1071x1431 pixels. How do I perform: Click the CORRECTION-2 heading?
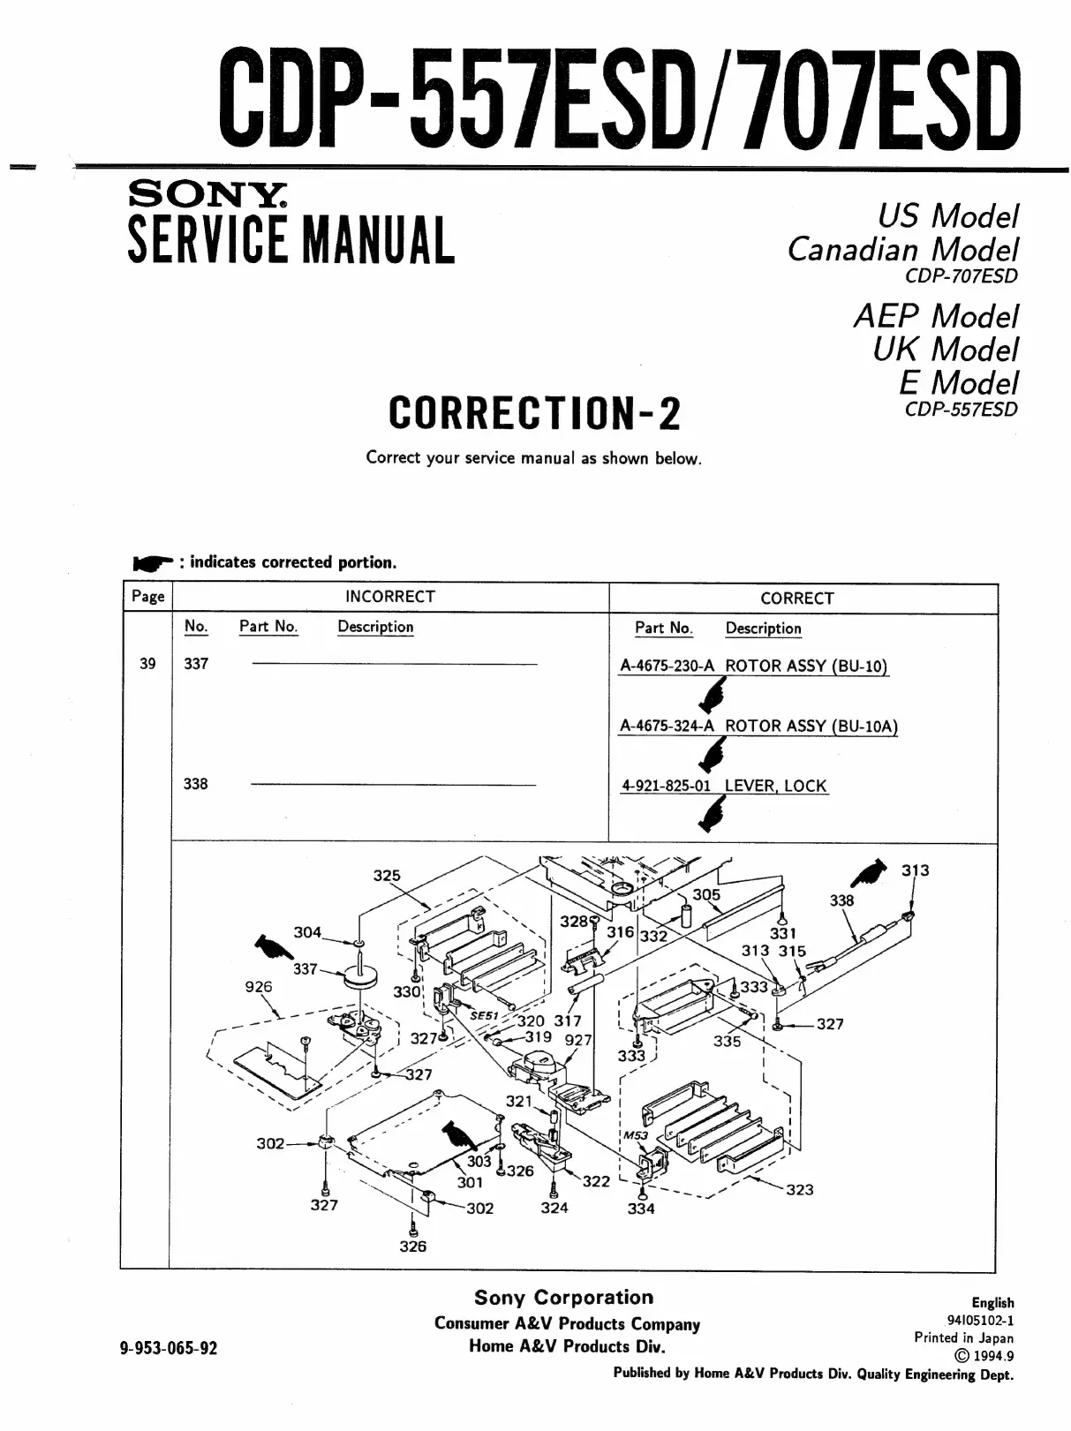coord(534,412)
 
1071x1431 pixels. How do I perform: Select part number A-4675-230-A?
coord(667,667)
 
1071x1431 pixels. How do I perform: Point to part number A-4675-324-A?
coord(667,727)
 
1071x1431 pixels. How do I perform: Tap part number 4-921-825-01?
coord(667,786)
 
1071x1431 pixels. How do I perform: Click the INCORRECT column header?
coord(389,597)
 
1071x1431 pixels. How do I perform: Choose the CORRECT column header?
coord(796,599)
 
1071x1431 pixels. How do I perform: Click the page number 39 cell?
coord(147,664)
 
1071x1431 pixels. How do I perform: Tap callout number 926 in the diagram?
coord(259,987)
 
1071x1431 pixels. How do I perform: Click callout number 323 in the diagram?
coord(799,1189)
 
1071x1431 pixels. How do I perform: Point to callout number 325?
coord(387,876)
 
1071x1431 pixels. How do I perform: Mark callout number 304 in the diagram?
coord(307,932)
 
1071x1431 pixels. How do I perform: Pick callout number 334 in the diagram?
coord(641,1208)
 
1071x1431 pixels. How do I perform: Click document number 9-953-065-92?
coord(168,1348)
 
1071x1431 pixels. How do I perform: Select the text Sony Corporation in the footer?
coord(563,1298)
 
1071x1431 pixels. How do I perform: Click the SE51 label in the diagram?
coord(484,1015)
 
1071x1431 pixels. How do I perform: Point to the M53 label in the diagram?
coord(636,1134)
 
